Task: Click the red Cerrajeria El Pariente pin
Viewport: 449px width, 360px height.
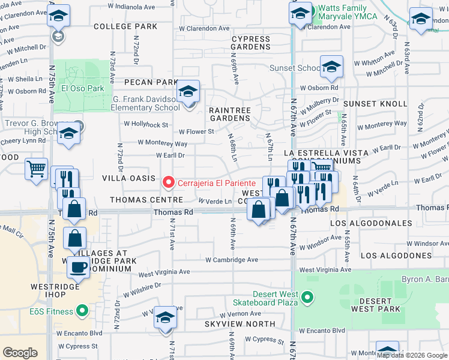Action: coord(169,182)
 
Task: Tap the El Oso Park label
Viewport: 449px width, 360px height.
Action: coord(83,88)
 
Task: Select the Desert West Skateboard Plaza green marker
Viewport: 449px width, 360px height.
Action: coord(307,297)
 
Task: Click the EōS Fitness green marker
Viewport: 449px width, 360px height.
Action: coord(83,311)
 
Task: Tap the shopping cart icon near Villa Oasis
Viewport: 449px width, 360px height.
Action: coord(37,169)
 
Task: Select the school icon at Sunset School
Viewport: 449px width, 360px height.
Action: coord(331,68)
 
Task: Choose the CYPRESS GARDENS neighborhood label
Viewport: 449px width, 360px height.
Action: coord(251,42)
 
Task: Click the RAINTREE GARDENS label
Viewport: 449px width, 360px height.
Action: coord(229,114)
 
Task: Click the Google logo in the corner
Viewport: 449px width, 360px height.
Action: coord(20,352)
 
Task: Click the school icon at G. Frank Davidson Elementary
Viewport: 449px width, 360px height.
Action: coord(188,92)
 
